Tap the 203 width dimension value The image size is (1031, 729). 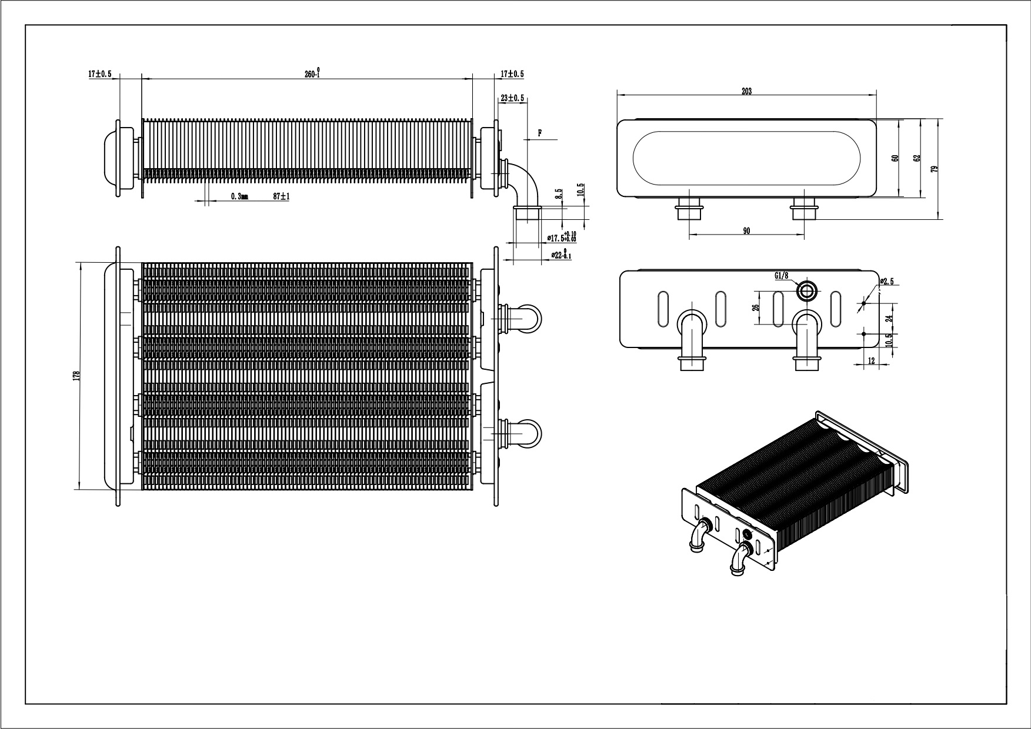[x=746, y=91]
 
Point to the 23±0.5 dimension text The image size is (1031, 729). [x=512, y=98]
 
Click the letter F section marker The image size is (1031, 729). [x=539, y=133]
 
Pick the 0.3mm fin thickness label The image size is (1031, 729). [x=239, y=197]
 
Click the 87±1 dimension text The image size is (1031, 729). [x=282, y=197]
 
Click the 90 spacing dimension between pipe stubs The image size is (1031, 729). [x=746, y=231]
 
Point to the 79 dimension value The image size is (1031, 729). [x=935, y=169]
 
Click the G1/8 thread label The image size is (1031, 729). [x=782, y=275]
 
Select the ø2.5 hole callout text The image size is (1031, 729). [x=887, y=282]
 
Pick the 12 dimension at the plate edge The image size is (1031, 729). [x=872, y=360]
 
